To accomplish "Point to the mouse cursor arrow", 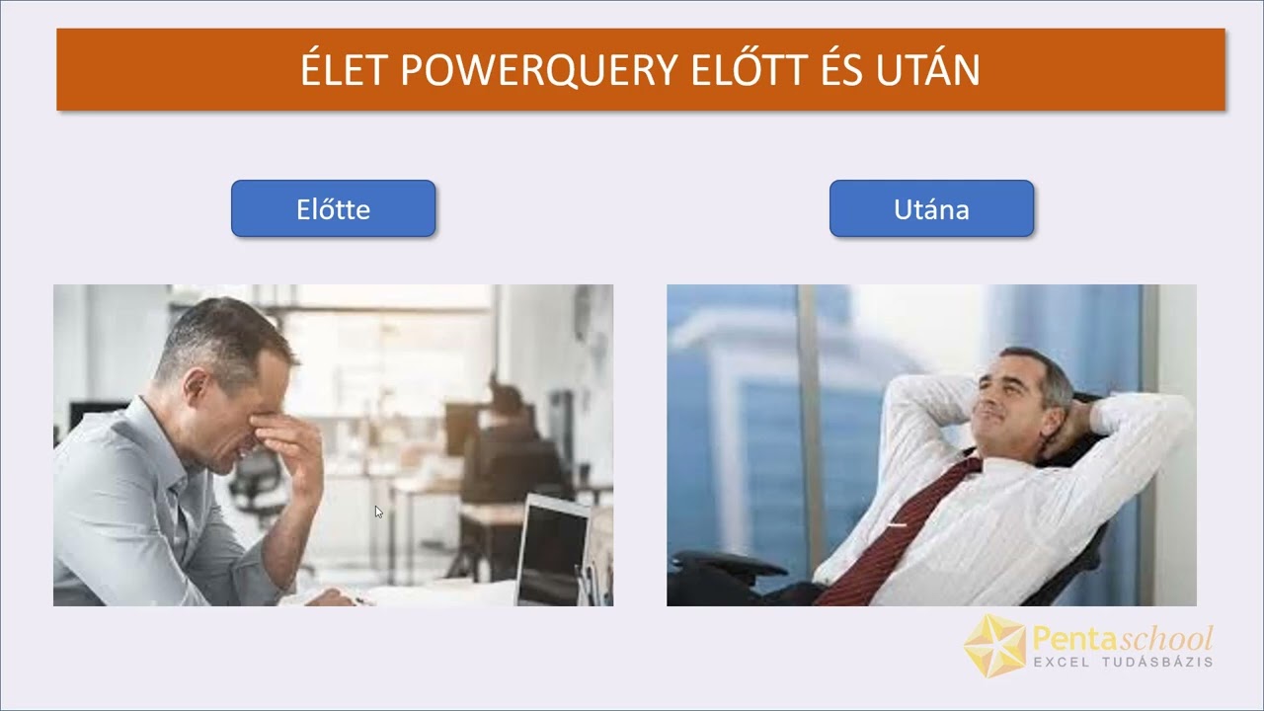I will (378, 512).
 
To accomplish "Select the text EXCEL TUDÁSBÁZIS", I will (1123, 662).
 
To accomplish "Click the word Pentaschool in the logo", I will (1123, 638).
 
